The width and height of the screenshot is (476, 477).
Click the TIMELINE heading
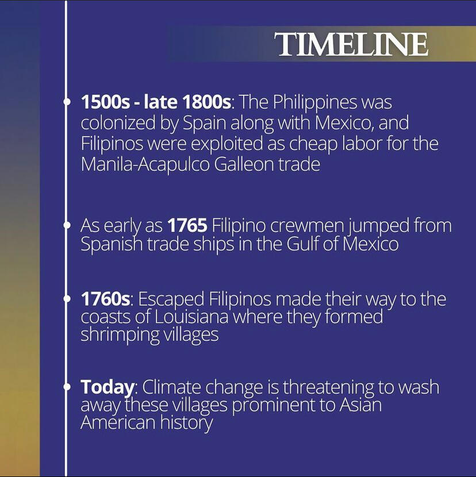tap(351, 44)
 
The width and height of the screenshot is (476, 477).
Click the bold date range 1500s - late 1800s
tap(156, 102)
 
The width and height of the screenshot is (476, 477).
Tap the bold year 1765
tap(187, 225)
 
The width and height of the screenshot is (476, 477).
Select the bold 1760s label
tap(106, 299)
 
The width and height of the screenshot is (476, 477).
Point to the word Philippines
tap(314, 102)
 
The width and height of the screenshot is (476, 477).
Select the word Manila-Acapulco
tap(145, 165)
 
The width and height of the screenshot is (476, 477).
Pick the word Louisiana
tap(191, 317)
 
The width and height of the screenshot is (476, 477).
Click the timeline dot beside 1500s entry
tap(66, 102)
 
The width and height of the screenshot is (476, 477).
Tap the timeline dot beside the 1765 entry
tap(66, 225)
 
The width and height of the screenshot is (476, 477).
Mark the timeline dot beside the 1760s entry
tap(66, 299)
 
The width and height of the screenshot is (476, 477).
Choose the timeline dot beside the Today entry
tap(66, 387)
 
